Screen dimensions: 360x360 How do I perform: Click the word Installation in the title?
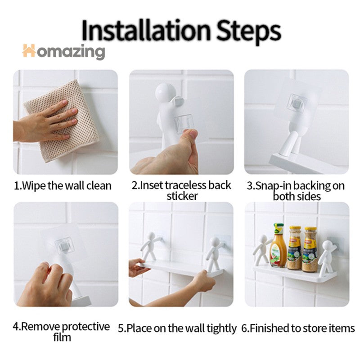point(146,30)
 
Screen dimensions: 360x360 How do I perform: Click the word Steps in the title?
point(248,32)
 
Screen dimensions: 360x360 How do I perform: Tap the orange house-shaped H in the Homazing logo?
point(29,50)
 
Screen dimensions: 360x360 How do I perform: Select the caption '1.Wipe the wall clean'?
point(63,185)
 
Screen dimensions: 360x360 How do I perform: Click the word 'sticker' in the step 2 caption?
point(182,196)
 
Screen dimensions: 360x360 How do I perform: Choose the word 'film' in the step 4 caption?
point(62,337)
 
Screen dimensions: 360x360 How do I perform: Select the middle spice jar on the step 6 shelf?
point(295,247)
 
